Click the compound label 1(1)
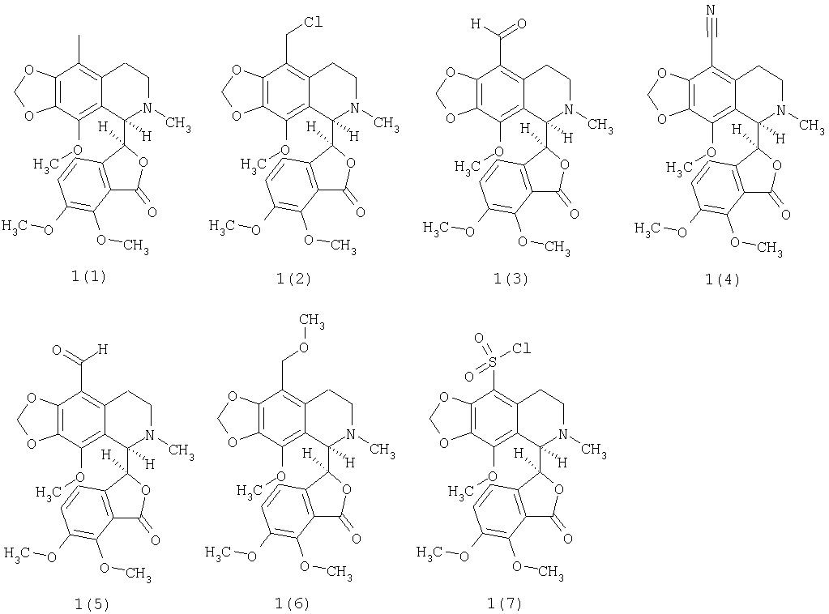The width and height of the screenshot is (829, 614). (89, 276)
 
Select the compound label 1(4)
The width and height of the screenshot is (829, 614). (722, 279)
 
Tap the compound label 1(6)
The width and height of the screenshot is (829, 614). (292, 603)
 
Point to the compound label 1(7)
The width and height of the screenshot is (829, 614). (504, 603)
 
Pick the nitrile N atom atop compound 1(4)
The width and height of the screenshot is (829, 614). (711, 11)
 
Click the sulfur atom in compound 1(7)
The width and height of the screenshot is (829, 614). (492, 362)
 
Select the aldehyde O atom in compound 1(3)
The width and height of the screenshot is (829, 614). (521, 23)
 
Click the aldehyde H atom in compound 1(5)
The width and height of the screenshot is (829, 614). (103, 349)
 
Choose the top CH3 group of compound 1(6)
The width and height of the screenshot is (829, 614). (312, 322)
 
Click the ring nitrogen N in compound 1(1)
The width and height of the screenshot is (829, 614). (148, 108)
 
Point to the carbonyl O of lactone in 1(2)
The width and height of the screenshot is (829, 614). (361, 212)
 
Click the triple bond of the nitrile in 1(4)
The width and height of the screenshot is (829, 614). (711, 27)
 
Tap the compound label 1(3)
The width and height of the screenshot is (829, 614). (511, 279)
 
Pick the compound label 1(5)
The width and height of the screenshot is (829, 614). (92, 604)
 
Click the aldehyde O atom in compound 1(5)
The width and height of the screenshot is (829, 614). (58, 350)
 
